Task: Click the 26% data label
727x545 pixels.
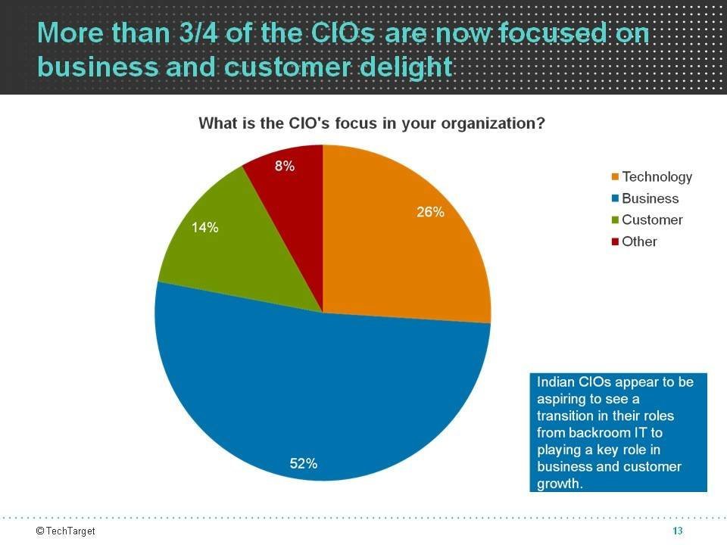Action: click(430, 213)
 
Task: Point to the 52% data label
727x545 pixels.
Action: click(303, 464)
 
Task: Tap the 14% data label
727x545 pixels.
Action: click(204, 227)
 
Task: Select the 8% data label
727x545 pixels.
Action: click(285, 167)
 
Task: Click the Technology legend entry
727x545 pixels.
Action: click(657, 177)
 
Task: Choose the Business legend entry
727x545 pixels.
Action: click(650, 198)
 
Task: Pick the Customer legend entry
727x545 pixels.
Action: click(651, 220)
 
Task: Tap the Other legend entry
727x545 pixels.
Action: click(639, 241)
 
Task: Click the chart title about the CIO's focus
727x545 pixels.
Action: click(371, 123)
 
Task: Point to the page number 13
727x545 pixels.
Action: click(678, 531)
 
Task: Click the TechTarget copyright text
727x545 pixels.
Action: click(66, 531)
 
